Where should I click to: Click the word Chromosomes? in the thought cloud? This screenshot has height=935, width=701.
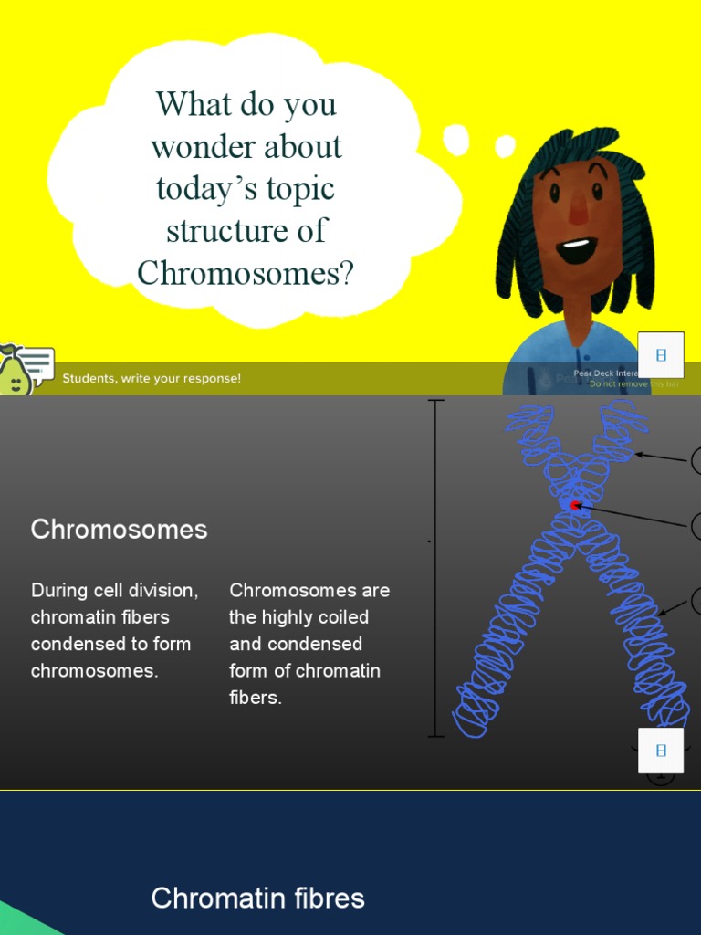pos(246,272)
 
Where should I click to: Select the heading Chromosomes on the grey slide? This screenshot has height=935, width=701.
pos(119,530)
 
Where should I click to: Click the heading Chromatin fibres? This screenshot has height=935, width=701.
pos(257,898)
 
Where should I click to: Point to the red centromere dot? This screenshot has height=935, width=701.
pos(574,505)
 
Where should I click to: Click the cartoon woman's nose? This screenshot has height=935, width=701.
pos(578,211)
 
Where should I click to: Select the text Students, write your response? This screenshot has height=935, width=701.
pos(152,378)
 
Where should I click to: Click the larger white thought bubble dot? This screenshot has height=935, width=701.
pos(455,139)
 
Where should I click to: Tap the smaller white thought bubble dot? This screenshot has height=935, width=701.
pos(505,145)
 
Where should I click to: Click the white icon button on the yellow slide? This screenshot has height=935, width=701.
pos(661,355)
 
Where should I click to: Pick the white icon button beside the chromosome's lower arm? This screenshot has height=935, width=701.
pos(661,751)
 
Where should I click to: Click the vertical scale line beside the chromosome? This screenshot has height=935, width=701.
pos(436,566)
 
